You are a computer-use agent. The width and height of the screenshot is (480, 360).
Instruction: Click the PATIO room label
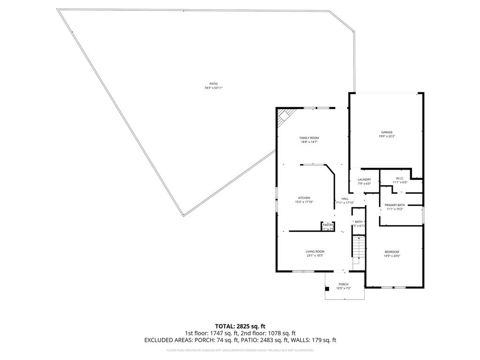click(213, 84)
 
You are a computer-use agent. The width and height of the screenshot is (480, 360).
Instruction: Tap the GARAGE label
click(387, 132)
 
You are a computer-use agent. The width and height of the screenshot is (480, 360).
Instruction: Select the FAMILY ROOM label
click(309, 138)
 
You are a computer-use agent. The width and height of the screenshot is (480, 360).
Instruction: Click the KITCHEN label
click(302, 198)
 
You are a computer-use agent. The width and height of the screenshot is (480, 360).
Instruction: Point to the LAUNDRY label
click(364, 180)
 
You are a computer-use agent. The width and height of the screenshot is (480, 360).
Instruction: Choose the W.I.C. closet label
click(400, 178)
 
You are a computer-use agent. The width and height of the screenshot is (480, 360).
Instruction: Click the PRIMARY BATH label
click(395, 205)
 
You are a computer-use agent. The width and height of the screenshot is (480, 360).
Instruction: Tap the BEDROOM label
click(392, 252)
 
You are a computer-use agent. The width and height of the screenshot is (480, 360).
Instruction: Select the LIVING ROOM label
click(315, 252)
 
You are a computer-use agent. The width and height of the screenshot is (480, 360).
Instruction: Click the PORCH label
click(344, 284)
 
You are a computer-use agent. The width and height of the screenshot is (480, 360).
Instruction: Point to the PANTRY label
click(328, 225)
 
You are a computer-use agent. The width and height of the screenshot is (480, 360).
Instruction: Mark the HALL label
click(345, 199)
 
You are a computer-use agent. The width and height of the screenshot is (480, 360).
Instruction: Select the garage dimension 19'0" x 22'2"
click(387, 136)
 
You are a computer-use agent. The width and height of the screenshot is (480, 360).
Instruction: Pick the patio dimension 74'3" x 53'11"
click(213, 88)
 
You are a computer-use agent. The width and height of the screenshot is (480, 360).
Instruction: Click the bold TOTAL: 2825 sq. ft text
click(240, 326)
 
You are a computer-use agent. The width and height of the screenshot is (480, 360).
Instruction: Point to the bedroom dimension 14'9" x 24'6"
click(392, 256)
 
